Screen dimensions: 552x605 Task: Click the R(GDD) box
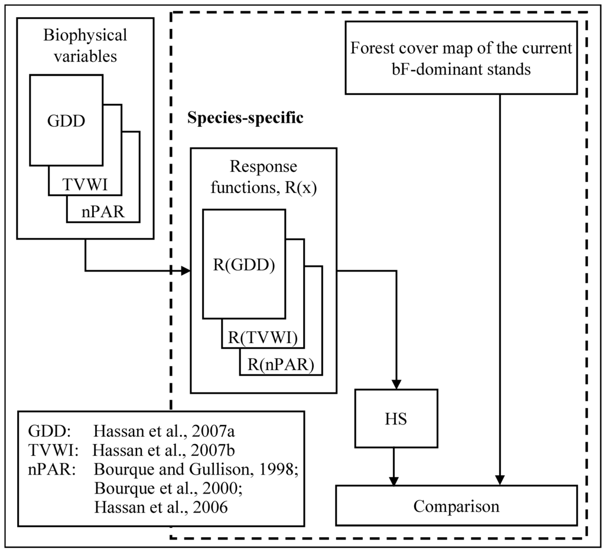(x=244, y=264)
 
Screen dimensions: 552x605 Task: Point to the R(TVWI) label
(x=262, y=338)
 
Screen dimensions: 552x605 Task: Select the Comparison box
(x=456, y=506)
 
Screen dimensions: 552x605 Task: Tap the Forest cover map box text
(x=461, y=58)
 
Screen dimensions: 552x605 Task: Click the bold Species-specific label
(x=245, y=117)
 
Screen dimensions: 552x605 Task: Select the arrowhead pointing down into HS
(x=396, y=383)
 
